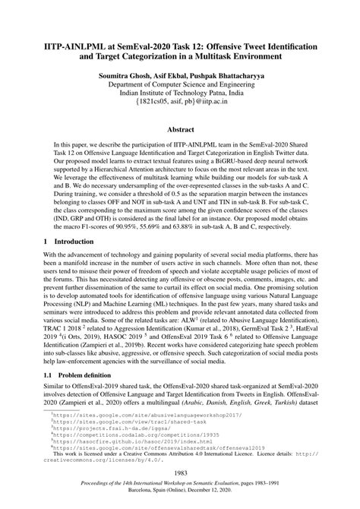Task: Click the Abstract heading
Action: click(x=180, y=130)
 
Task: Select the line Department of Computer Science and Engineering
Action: click(x=180, y=88)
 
